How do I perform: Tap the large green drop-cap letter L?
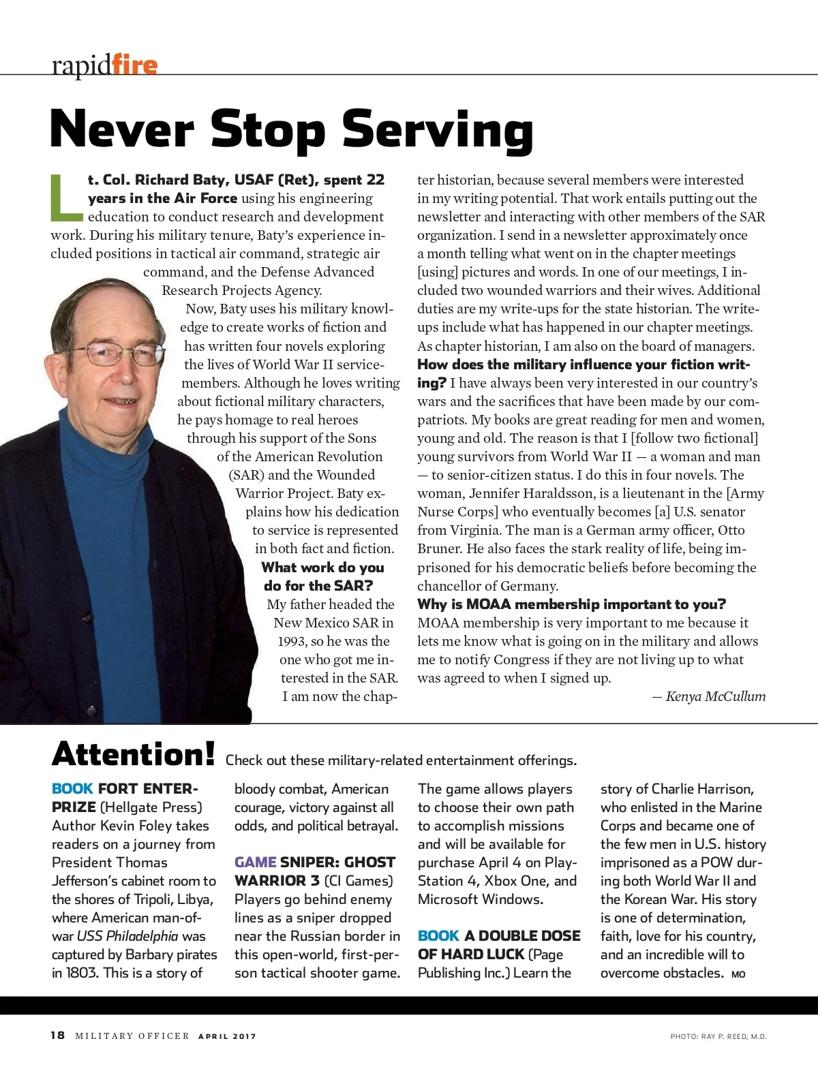[66, 198]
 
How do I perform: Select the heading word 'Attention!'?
[134, 754]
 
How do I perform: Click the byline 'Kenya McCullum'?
[715, 696]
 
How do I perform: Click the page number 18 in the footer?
[58, 1036]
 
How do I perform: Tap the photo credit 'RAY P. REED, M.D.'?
[733, 1036]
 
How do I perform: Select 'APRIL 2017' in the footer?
[227, 1036]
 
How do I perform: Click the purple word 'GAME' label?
[255, 862]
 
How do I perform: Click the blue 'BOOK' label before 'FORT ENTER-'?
[72, 789]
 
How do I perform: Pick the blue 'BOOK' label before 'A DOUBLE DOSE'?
[438, 936]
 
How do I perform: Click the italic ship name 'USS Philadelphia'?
[127, 936]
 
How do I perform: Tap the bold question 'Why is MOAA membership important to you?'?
[571, 604]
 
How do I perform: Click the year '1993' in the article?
[292, 641]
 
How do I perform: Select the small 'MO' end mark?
[738, 974]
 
